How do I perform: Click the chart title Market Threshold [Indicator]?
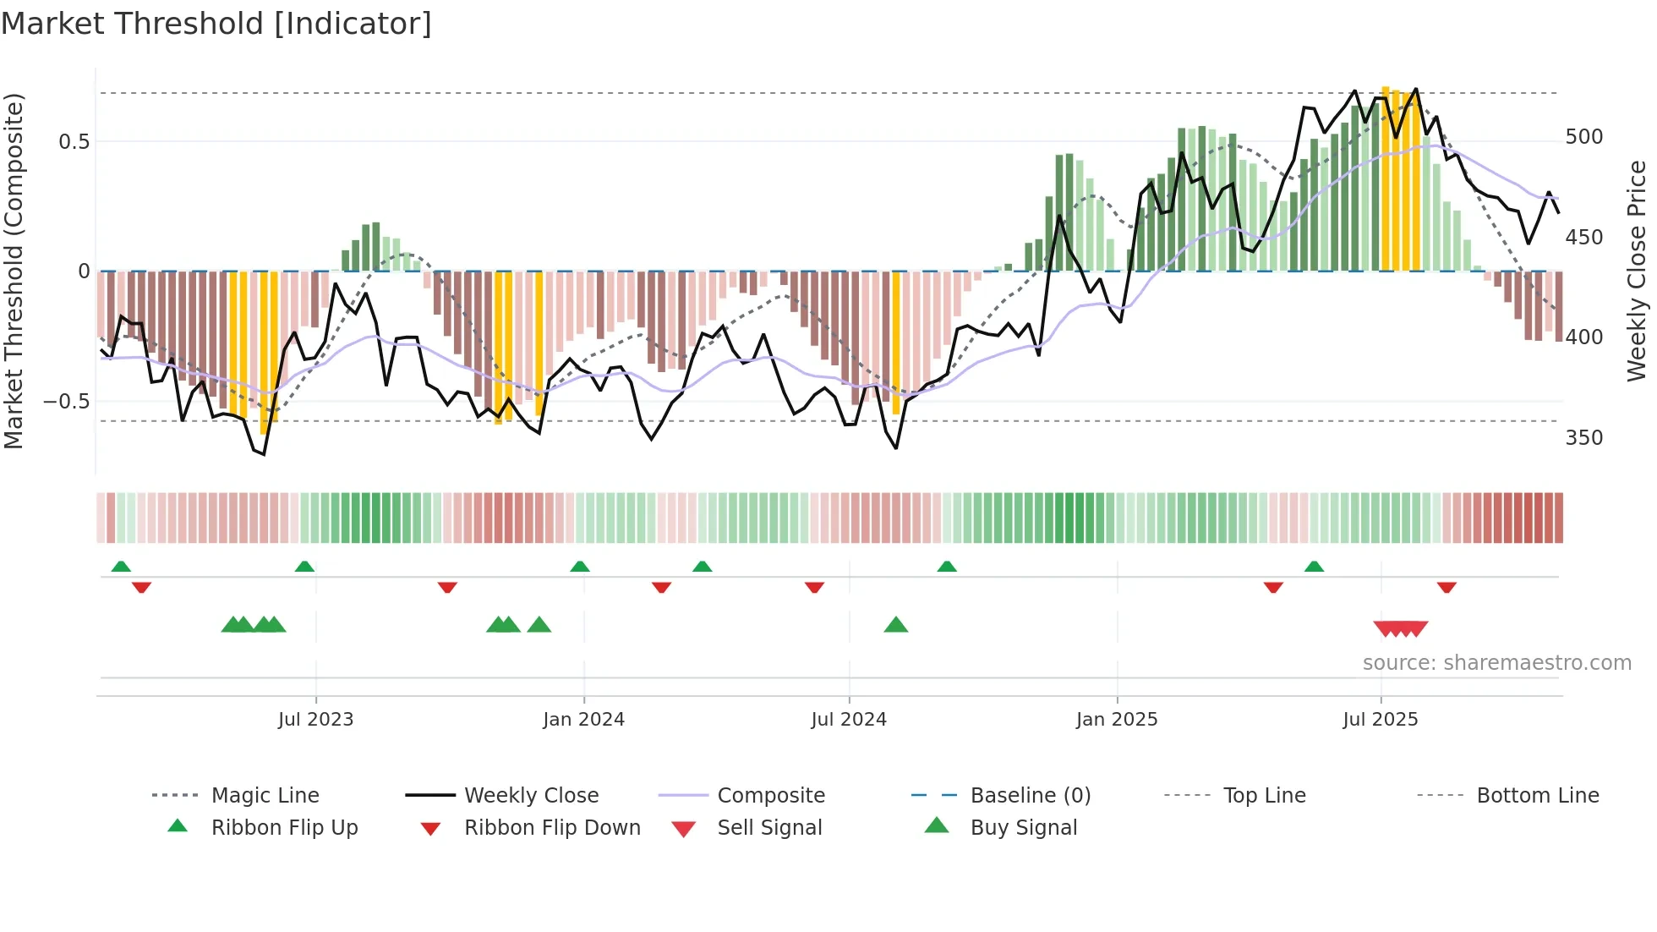click(216, 24)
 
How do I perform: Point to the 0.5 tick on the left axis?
click(74, 141)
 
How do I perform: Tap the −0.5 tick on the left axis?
click(67, 401)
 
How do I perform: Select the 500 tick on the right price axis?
click(1583, 137)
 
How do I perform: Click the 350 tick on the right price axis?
click(1583, 438)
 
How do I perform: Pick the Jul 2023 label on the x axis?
click(315, 720)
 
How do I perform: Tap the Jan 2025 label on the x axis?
click(1116, 720)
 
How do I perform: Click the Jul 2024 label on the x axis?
click(848, 720)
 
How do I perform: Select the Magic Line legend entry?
click(265, 796)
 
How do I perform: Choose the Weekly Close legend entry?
click(531, 796)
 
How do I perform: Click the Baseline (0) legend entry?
click(1030, 796)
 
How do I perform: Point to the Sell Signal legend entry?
click(768, 828)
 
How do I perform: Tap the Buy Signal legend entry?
click(1023, 828)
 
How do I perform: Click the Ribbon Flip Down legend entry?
click(551, 828)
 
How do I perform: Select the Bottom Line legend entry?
click(1537, 796)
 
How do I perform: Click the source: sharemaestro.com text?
click(1496, 663)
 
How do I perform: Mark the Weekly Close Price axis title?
click(1637, 271)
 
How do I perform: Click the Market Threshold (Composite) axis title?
click(14, 271)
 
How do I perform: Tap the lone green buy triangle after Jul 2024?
click(895, 626)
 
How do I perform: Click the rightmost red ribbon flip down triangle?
click(1446, 587)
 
